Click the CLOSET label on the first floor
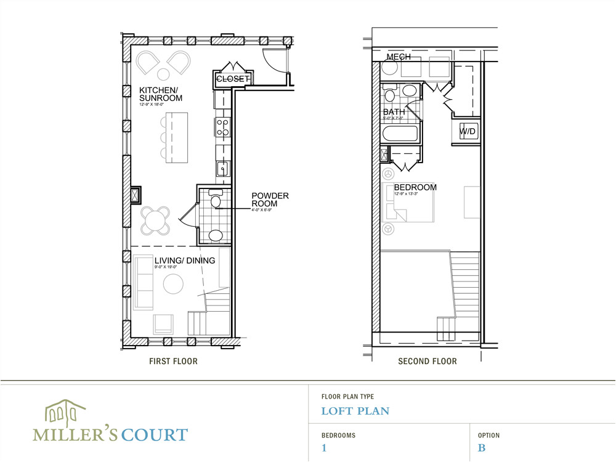pyautogui.click(x=233, y=79)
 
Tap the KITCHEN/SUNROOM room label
pyautogui.click(x=160, y=94)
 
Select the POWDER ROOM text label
pyautogui.click(x=270, y=200)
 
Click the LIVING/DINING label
pyautogui.click(x=176, y=261)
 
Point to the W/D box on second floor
pyautogui.click(x=468, y=132)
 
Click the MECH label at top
pyautogui.click(x=399, y=57)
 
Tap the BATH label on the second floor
pyautogui.click(x=394, y=112)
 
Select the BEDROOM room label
pyautogui.click(x=415, y=187)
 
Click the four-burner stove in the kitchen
pyautogui.click(x=223, y=128)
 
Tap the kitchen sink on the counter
pyautogui.click(x=222, y=168)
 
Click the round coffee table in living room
pyautogui.click(x=173, y=285)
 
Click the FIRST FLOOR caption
pyautogui.click(x=173, y=362)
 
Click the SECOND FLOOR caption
pyautogui.click(x=428, y=362)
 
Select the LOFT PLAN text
pyautogui.click(x=355, y=411)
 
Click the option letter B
pyautogui.click(x=482, y=448)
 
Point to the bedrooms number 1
pyautogui.click(x=324, y=448)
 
